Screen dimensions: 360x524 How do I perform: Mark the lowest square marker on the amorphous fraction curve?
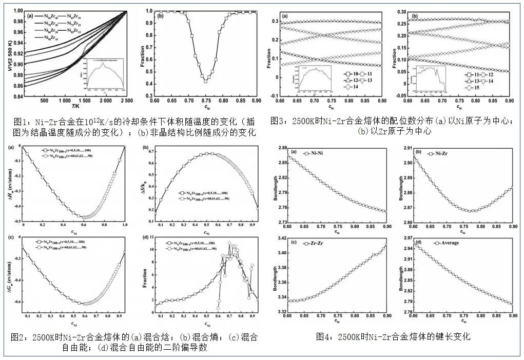[x=205, y=81]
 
